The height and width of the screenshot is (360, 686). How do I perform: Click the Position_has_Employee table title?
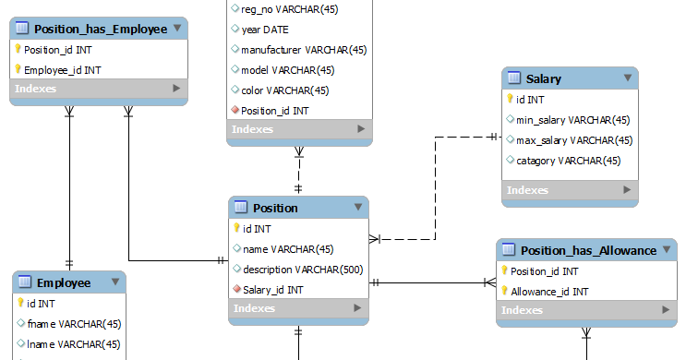coord(100,29)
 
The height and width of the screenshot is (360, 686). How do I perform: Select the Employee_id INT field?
coord(63,70)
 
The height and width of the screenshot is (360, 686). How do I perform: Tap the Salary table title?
coord(544,78)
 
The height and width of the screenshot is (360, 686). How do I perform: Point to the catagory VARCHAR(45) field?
coord(562,161)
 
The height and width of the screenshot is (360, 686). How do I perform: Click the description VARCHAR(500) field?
coord(302,270)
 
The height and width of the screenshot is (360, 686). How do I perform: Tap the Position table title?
coord(275,208)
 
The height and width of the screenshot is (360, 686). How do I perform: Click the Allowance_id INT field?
coord(549,292)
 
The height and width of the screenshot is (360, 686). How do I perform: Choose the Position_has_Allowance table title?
coord(588,250)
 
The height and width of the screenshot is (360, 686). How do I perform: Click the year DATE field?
coord(265,30)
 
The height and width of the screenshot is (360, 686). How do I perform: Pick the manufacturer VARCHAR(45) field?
coord(304,50)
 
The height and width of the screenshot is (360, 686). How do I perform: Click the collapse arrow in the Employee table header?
coord(115,282)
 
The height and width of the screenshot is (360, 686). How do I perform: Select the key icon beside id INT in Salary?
coord(510,100)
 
